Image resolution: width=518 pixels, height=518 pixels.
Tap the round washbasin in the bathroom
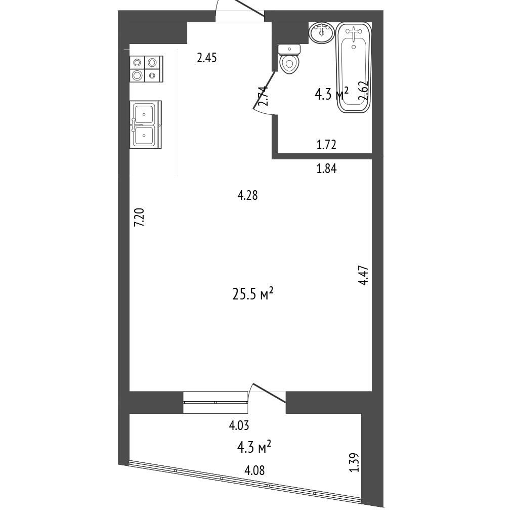pyautogui.click(x=322, y=32)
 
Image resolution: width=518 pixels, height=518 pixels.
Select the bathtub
pyautogui.click(x=354, y=68)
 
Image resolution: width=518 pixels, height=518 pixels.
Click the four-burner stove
pyautogui.click(x=146, y=69)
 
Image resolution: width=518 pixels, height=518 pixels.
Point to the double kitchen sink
pyautogui.click(x=146, y=124)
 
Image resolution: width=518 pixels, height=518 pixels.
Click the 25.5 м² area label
pyautogui.click(x=253, y=294)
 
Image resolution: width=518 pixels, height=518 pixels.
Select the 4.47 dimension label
pyautogui.click(x=363, y=275)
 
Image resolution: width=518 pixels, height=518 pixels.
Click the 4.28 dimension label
pyautogui.click(x=248, y=196)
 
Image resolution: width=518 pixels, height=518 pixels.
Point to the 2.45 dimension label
pyautogui.click(x=207, y=58)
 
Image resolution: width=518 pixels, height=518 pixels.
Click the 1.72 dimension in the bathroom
pyautogui.click(x=326, y=145)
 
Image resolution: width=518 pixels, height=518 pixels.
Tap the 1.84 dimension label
pyautogui.click(x=326, y=169)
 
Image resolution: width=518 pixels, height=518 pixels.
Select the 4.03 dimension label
pyautogui.click(x=239, y=425)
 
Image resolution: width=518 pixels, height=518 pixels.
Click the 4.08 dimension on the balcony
pyautogui.click(x=254, y=470)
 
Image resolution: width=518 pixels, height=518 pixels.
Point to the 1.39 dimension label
pyautogui.click(x=354, y=462)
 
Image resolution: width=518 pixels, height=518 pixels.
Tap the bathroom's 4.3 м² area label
pyautogui.click(x=332, y=94)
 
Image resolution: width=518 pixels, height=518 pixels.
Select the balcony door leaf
pyautogui.click(x=269, y=394)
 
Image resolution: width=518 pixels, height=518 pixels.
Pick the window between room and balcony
pyautogui.click(x=215, y=402)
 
